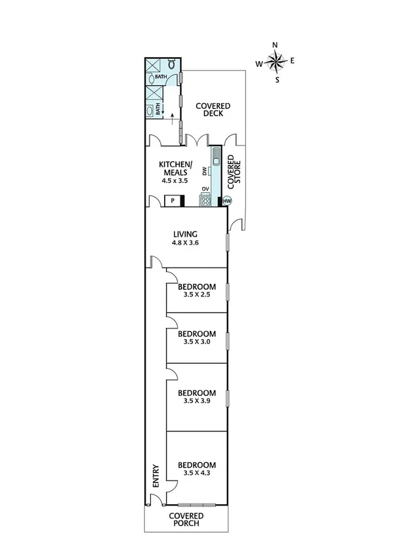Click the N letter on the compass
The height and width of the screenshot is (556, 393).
(275, 45)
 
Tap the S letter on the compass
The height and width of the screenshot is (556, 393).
(277, 80)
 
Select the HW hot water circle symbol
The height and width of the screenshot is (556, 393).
(228, 201)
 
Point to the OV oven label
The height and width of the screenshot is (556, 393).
(205, 189)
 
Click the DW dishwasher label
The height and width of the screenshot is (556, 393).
(205, 171)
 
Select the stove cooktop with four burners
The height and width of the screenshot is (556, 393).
(205, 199)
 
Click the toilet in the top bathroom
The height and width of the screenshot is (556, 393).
(171, 64)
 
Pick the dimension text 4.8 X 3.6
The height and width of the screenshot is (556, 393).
(186, 243)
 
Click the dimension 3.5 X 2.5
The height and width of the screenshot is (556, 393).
(197, 295)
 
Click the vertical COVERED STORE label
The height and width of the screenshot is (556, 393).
(234, 172)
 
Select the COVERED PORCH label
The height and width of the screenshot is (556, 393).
(186, 520)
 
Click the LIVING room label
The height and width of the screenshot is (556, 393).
(186, 233)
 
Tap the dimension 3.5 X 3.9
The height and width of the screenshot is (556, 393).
(197, 401)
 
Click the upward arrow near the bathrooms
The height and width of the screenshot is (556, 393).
(173, 119)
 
